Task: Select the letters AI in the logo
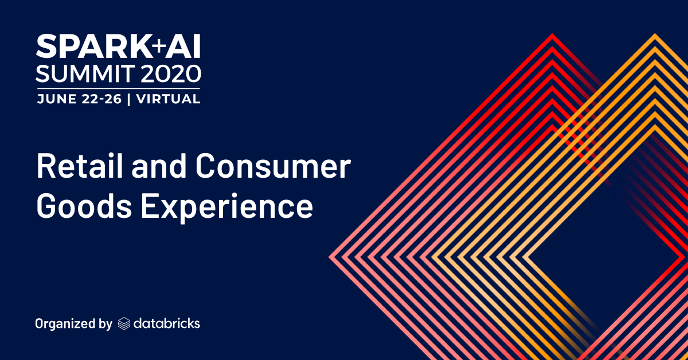pyautogui.click(x=183, y=46)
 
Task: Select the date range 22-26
pyautogui.click(x=101, y=99)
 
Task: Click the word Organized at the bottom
pyautogui.click(x=64, y=324)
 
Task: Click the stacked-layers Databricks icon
pyautogui.click(x=124, y=324)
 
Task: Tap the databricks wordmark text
pyautogui.click(x=167, y=323)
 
